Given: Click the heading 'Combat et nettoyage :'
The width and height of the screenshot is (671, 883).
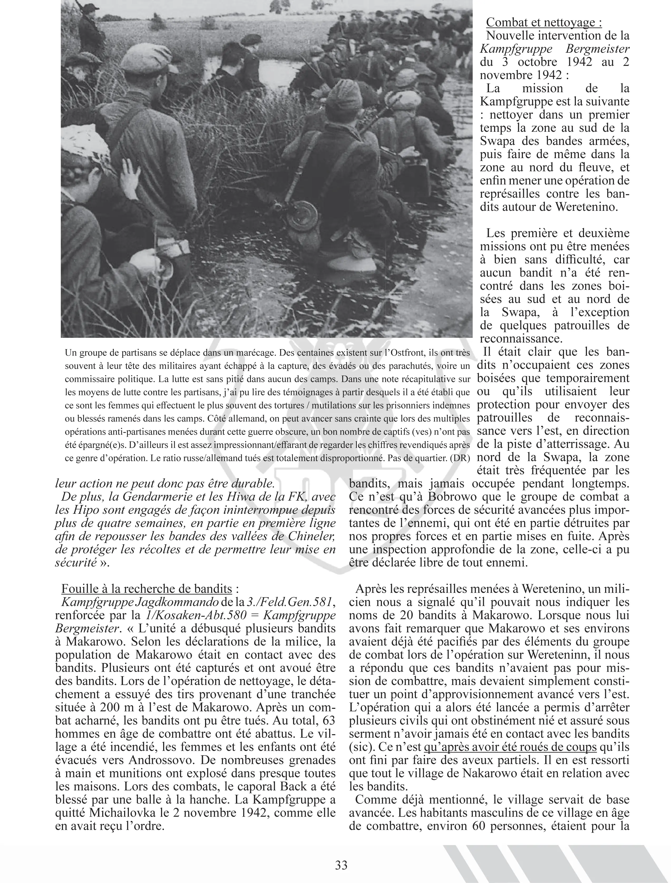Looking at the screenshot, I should [544, 22].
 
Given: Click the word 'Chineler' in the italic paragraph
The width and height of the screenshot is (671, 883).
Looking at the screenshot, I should [309, 536].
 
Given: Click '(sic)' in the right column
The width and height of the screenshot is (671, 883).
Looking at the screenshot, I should [359, 747].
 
